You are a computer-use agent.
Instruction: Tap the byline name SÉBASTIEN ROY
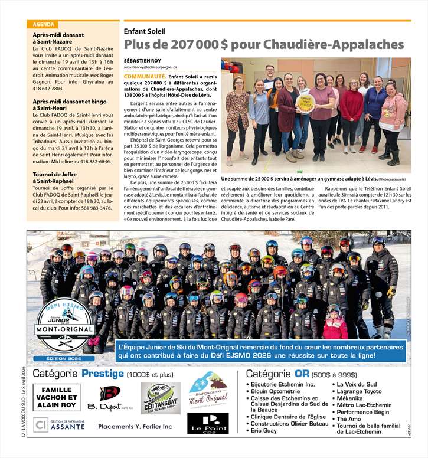[143, 61]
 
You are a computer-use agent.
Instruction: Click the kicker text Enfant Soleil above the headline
[145, 31]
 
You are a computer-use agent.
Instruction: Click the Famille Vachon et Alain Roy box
[57, 397]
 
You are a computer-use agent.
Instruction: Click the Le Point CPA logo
[208, 423]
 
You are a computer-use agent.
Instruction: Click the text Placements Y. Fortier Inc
[135, 426]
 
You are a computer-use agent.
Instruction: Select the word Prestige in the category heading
[102, 374]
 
